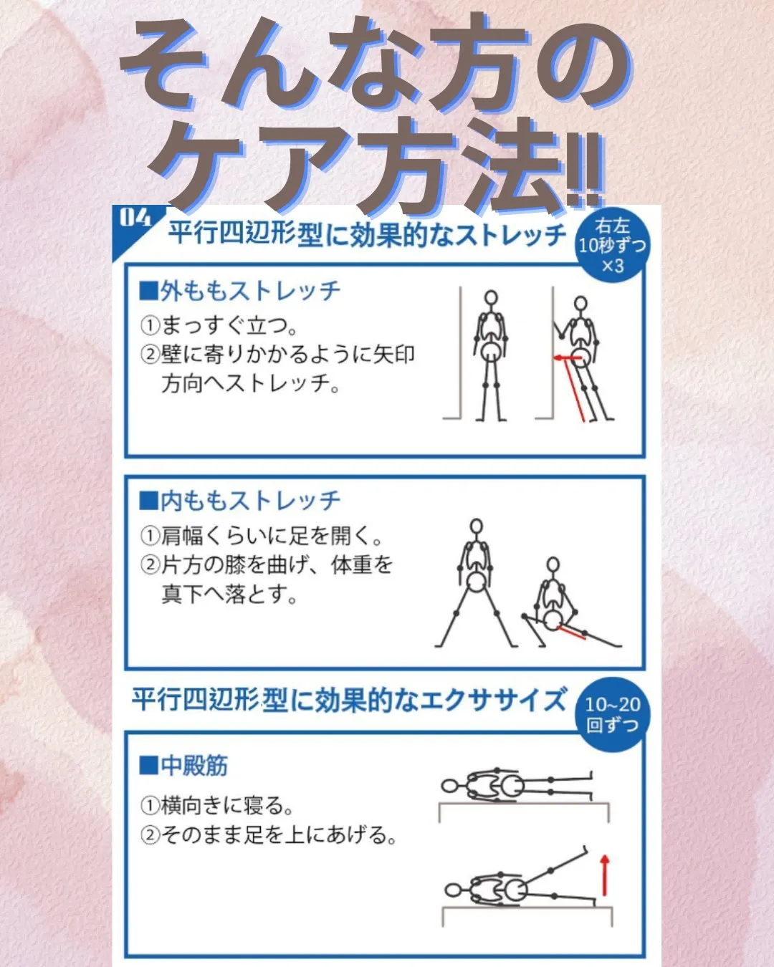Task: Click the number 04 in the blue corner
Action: [x=135, y=218]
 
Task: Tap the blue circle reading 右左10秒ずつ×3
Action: [x=611, y=246]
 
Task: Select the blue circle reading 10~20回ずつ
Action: [x=612, y=714]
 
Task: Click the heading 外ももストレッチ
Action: [x=240, y=291]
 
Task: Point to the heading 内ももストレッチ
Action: [x=240, y=500]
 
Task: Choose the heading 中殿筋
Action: [x=184, y=765]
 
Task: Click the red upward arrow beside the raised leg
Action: [x=604, y=875]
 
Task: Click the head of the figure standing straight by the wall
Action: [x=491, y=298]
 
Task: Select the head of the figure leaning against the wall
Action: [x=580, y=304]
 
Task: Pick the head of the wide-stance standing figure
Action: [x=476, y=526]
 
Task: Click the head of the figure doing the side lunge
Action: [x=553, y=565]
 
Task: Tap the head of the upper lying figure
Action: [x=449, y=786]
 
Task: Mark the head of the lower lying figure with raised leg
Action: [x=453, y=890]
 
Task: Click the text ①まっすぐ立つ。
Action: [x=219, y=325]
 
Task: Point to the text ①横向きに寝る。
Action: [x=217, y=805]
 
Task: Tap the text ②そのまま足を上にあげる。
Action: [x=269, y=834]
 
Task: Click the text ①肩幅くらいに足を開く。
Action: [x=262, y=535]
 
